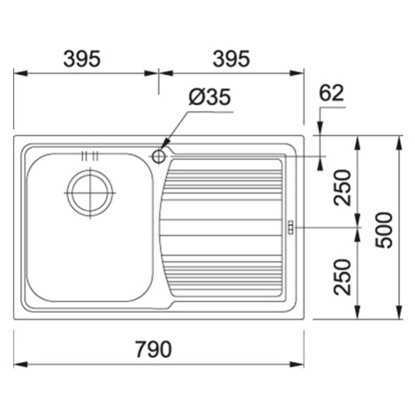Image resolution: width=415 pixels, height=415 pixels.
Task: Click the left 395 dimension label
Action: pos(82,58)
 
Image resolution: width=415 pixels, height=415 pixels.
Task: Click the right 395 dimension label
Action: pos(231,58)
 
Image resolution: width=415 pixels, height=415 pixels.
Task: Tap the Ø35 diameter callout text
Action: pos(209,97)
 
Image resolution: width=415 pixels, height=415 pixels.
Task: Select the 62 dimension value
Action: pos(331,93)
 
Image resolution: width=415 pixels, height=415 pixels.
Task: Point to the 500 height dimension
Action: pos(385,230)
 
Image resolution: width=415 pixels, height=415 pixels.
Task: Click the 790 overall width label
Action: pos(153,349)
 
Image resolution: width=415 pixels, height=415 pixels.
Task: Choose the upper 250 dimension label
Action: pos(343,187)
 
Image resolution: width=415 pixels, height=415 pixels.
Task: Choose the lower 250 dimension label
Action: pos(343,276)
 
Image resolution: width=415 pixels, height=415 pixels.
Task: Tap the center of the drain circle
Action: pos(90,192)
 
